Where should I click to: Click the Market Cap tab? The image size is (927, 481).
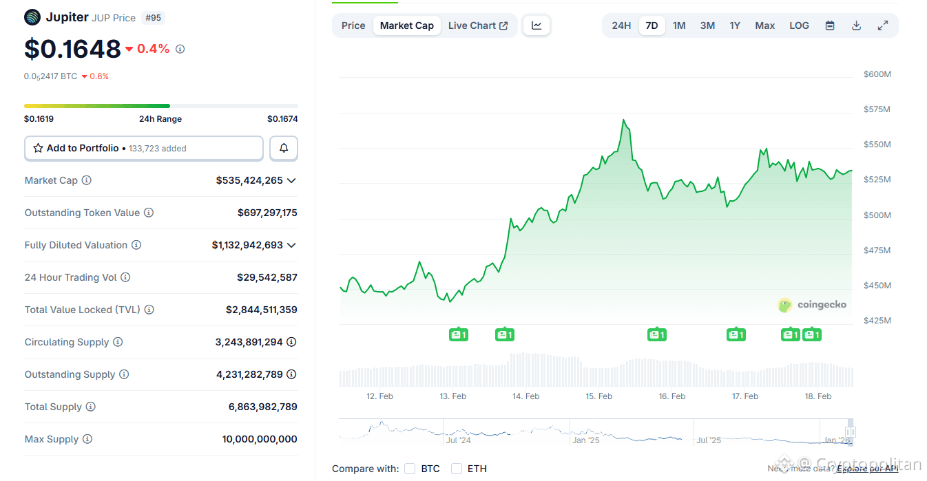tap(406, 25)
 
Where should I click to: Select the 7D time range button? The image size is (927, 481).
tap(652, 25)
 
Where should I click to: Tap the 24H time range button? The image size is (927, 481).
tap(621, 25)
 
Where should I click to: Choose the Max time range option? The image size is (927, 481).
tap(764, 25)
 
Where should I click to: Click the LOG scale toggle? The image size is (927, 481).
tap(799, 25)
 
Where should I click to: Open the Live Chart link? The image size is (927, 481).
tap(478, 25)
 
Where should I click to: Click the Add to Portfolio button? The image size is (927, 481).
tap(144, 148)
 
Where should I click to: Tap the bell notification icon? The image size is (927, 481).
tap(284, 148)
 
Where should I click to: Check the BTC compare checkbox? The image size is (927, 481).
tap(410, 469)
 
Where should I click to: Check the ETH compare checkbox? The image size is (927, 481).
tap(457, 469)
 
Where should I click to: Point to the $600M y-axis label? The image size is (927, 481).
tap(877, 74)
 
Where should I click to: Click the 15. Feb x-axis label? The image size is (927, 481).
tap(599, 396)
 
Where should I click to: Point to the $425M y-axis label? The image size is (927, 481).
tap(877, 321)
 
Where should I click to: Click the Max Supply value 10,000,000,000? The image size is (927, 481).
tap(260, 439)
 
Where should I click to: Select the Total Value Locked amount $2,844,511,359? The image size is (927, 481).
tap(262, 310)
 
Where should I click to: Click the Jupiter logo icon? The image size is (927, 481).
tap(32, 17)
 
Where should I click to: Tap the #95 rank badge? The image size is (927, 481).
tap(153, 18)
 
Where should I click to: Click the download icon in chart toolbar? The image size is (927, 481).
tap(856, 25)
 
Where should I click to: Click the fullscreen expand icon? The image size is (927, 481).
tap(882, 25)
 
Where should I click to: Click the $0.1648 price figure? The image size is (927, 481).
tap(72, 49)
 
